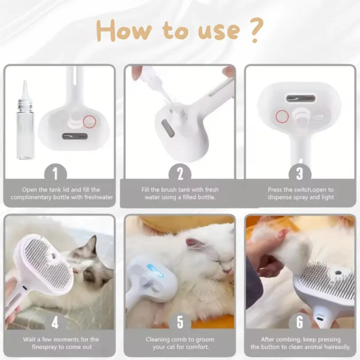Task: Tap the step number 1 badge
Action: pos(55,174)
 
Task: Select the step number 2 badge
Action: pos(180,174)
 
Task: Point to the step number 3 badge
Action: pos(300,174)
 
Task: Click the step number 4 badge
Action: pos(55,323)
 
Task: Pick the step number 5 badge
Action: pos(180,323)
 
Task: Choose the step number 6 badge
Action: pos(300,323)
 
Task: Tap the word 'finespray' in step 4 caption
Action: pos(40,347)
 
